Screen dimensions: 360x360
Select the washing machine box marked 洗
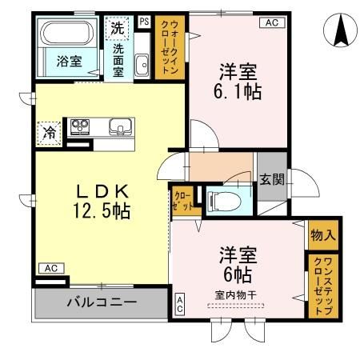tap(118, 27)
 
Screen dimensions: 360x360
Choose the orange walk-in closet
tap(170, 48)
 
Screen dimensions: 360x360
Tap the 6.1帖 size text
tap(237, 91)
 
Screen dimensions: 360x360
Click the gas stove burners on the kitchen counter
tap(80, 126)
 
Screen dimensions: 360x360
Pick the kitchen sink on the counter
tap(121, 126)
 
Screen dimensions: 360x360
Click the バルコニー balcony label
tap(102, 303)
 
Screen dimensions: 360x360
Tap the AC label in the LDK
tap(50, 268)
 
